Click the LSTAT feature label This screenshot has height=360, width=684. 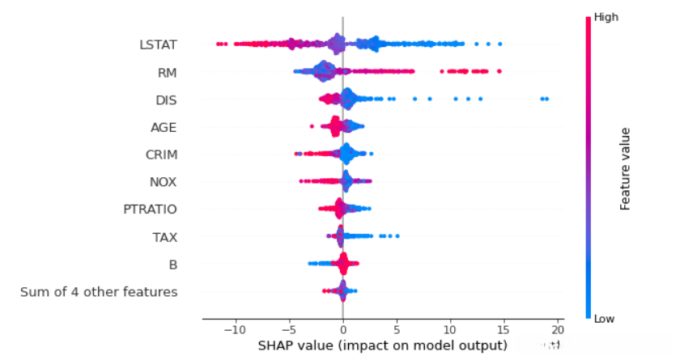click(x=158, y=44)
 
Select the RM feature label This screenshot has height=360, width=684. click(x=168, y=73)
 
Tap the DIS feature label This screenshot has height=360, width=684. click(x=166, y=100)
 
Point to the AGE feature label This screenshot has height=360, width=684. click(x=164, y=127)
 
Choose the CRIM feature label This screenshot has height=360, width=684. click(x=162, y=155)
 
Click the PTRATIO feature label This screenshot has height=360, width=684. click(x=150, y=210)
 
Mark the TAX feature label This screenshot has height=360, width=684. click(x=165, y=237)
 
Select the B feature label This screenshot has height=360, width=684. click(x=172, y=265)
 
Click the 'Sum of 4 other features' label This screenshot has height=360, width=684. click(x=99, y=292)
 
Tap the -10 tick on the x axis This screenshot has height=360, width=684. click(x=235, y=330)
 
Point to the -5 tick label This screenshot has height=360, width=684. click(x=289, y=330)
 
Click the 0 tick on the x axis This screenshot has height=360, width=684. click(x=342, y=330)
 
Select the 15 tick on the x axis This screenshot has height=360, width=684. click(x=504, y=330)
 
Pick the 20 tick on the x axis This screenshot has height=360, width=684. click(x=559, y=330)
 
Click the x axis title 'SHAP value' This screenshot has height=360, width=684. click(x=381, y=345)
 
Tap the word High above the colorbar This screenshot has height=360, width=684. click(x=605, y=16)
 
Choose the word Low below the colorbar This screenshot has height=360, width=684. click(x=604, y=319)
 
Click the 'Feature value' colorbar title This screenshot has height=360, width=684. click(x=626, y=167)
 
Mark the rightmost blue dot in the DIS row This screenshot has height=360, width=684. click(x=547, y=99)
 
